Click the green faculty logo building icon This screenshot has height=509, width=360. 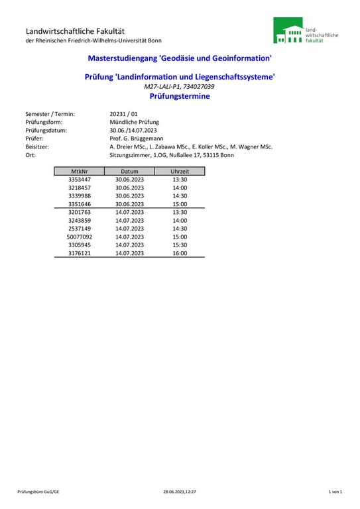pyautogui.click(x=288, y=30)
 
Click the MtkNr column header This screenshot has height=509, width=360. pyautogui.click(x=80, y=171)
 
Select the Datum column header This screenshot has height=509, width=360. pyautogui.click(x=129, y=171)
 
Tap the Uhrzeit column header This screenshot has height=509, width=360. pyautogui.click(x=180, y=171)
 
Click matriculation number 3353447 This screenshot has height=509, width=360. pyautogui.click(x=80, y=180)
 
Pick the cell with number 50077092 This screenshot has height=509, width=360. pyautogui.click(x=80, y=237)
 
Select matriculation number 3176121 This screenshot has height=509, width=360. pyautogui.click(x=80, y=253)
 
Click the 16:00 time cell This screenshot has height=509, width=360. pyautogui.click(x=180, y=253)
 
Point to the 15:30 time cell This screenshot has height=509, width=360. pyautogui.click(x=180, y=245)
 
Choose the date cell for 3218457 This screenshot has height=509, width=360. pyautogui.click(x=129, y=188)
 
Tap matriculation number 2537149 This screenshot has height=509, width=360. pyautogui.click(x=80, y=229)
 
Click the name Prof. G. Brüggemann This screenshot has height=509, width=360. pyautogui.click(x=137, y=139)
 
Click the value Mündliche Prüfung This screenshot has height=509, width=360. pyautogui.click(x=134, y=122)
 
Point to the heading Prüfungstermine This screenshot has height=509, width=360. pyautogui.click(x=180, y=96)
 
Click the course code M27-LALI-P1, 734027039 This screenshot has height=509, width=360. pyautogui.click(x=180, y=87)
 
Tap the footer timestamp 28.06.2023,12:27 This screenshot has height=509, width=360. pyautogui.click(x=180, y=492)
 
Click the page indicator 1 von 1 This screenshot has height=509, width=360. pyautogui.click(x=335, y=492)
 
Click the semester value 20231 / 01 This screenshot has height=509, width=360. pyautogui.click(x=123, y=114)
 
